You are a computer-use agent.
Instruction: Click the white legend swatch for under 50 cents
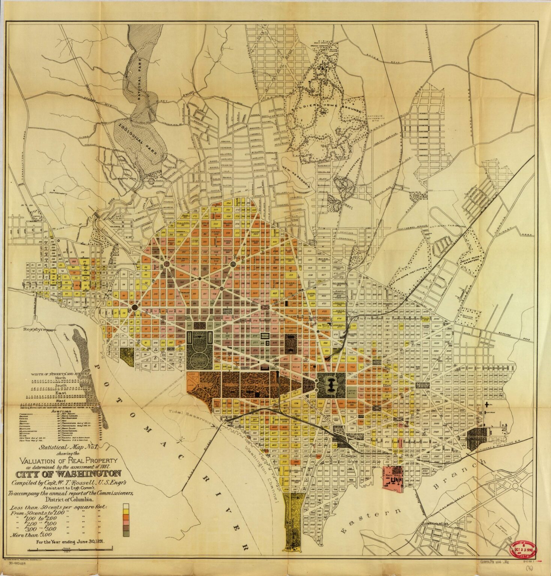[126, 505]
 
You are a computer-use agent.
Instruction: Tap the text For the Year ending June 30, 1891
[70, 541]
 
